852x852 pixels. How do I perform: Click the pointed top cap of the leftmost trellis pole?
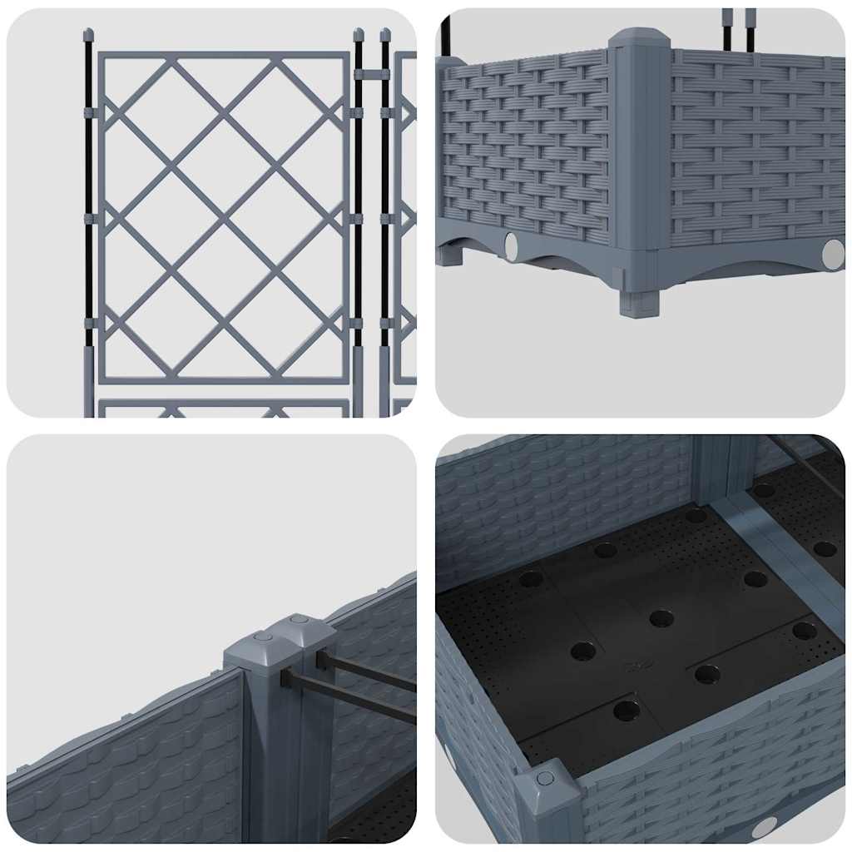click(x=88, y=35)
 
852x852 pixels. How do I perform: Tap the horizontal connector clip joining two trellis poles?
click(x=371, y=74)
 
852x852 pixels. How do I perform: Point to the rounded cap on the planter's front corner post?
click(x=639, y=38)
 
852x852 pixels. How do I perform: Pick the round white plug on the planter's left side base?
click(x=510, y=246)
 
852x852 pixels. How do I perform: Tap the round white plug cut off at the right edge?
click(x=833, y=252)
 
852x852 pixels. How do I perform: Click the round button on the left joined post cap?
click(x=264, y=637)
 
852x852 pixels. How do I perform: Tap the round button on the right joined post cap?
click(x=300, y=620)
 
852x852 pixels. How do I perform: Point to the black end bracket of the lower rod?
click(x=285, y=678)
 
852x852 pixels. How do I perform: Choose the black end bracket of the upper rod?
click(x=320, y=659)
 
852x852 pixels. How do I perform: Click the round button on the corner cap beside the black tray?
click(x=545, y=778)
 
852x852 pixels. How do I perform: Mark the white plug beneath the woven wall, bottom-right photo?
click(x=763, y=827)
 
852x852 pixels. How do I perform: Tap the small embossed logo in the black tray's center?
click(x=638, y=665)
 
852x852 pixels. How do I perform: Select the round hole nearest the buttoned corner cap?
click(x=627, y=710)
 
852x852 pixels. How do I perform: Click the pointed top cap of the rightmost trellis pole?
click(x=385, y=35)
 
